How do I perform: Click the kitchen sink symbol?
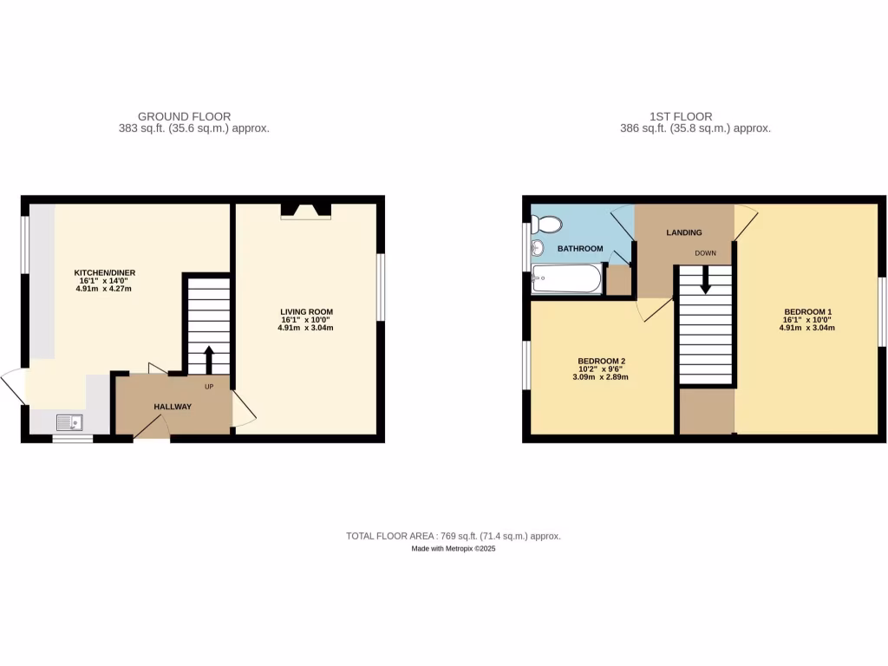click(69, 422)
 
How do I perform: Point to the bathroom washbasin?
click(537, 250)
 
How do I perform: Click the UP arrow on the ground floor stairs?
click(208, 358)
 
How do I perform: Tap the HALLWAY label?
click(173, 407)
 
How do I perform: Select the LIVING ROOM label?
click(306, 311)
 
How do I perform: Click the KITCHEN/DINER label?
click(104, 272)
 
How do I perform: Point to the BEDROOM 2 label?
click(602, 361)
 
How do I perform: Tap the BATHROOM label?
click(580, 249)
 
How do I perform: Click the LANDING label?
click(683, 232)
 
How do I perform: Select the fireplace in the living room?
click(305, 210)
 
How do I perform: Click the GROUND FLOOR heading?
click(184, 116)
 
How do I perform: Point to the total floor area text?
click(453, 536)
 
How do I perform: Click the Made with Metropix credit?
click(453, 549)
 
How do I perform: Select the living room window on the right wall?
click(380, 287)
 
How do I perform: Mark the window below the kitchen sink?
click(72, 439)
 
